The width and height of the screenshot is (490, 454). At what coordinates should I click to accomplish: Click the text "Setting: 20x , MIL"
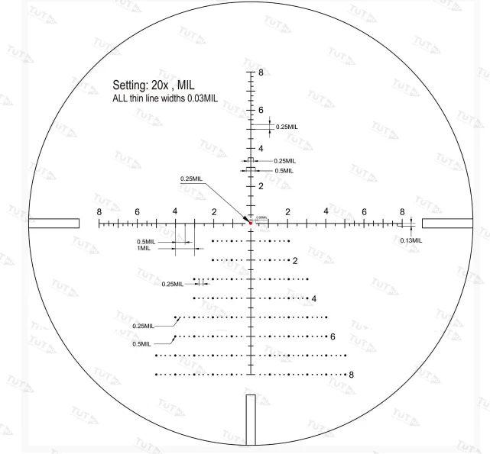click(160, 85)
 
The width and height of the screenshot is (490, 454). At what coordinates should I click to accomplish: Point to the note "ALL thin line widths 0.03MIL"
click(165, 99)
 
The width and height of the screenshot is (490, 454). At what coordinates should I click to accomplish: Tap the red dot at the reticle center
click(250, 223)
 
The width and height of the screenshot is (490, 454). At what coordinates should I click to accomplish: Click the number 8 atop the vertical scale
click(261, 73)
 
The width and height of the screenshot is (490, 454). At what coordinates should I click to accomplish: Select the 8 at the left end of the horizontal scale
click(99, 211)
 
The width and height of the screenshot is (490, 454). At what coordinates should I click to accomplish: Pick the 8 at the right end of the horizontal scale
click(402, 211)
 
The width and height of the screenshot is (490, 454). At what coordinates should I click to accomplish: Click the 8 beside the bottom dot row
click(351, 375)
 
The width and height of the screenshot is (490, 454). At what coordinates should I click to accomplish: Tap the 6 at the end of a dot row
click(333, 336)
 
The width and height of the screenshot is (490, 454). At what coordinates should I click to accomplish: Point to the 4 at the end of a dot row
click(313, 298)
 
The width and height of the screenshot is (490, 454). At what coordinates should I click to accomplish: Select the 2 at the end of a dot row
click(295, 261)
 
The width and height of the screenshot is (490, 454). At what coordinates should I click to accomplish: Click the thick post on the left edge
click(54, 224)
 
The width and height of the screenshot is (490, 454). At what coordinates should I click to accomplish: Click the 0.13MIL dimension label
click(411, 240)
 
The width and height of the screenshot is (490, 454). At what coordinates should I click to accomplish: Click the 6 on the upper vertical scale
click(261, 111)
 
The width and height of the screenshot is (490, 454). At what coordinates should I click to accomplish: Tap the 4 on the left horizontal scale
click(174, 211)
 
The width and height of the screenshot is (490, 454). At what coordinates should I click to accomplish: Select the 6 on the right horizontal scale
click(364, 211)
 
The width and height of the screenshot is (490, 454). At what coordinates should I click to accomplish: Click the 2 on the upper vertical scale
click(261, 186)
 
